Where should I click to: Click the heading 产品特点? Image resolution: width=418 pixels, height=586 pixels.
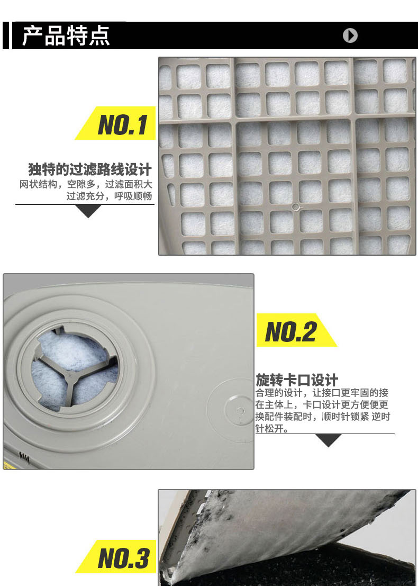(66, 36)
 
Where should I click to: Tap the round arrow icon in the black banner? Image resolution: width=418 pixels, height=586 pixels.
(350, 35)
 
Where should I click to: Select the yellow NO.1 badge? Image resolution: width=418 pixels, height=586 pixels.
(116, 123)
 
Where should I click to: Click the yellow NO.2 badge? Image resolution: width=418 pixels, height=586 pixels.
(296, 330)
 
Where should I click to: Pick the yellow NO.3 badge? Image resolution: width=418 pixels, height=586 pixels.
(116, 556)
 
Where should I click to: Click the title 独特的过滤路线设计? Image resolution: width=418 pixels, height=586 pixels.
(90, 169)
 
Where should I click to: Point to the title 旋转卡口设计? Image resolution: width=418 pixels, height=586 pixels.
(297, 380)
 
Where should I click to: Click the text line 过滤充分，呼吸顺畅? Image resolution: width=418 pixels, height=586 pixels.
(109, 196)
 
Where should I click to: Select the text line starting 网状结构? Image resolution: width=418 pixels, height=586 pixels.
(86, 184)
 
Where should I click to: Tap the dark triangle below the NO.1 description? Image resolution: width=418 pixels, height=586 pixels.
(88, 210)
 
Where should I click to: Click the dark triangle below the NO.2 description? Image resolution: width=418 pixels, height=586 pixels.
(329, 439)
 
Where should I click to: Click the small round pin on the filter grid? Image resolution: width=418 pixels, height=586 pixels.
(296, 206)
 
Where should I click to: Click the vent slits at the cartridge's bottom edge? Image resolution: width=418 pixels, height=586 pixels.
(24, 457)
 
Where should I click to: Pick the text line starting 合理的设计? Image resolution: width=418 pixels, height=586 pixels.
(322, 393)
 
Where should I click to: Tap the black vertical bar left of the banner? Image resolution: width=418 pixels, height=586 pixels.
(6, 35)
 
